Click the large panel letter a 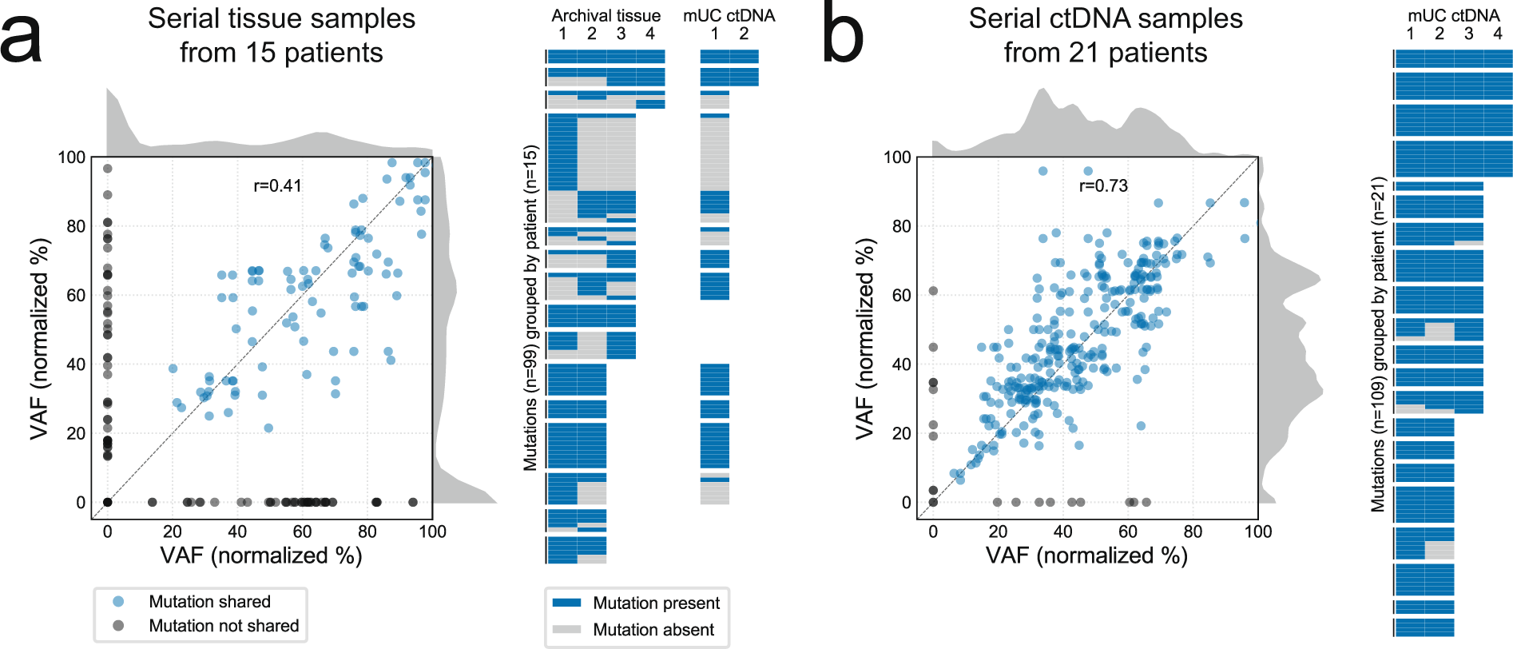point(22,40)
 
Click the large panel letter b point(843,36)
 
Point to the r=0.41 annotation point(277,186)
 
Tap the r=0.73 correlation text point(1103,186)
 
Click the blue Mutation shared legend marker point(118,602)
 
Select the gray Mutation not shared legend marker point(118,626)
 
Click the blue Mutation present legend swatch point(566,603)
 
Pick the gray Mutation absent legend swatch point(566,630)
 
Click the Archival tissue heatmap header point(606,15)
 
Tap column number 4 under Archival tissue point(650,34)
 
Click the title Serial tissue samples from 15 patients point(281,35)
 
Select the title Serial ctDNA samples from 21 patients point(1106,35)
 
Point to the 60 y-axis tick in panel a point(76,296)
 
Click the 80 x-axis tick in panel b point(1193,532)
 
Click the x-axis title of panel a point(261,555)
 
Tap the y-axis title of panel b point(865,338)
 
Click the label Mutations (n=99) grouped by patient point(530,308)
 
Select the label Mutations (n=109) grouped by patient point(1378,344)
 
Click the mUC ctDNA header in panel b point(1453,15)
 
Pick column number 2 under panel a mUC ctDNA point(744,34)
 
